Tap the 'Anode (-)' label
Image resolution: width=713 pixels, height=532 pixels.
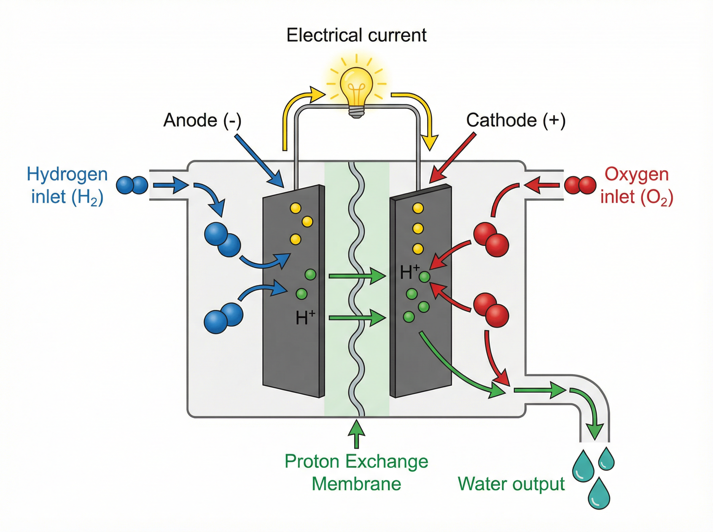pos(202,120)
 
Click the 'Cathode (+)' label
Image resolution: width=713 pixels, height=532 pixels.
pos(515,120)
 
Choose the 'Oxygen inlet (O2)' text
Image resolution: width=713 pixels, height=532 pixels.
pos(636,185)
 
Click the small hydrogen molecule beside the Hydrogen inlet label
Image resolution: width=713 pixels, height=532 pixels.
pos(132,185)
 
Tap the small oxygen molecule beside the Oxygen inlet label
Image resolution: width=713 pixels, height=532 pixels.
pos(580,185)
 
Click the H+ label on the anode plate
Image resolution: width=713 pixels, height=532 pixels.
pos(305,318)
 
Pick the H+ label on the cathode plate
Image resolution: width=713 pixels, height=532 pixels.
pos(409,272)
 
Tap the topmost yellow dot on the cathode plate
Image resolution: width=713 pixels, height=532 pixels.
pos(418,208)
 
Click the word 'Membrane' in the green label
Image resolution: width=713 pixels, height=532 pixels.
pos(356,484)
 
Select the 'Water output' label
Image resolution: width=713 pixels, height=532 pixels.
pos(511,484)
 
